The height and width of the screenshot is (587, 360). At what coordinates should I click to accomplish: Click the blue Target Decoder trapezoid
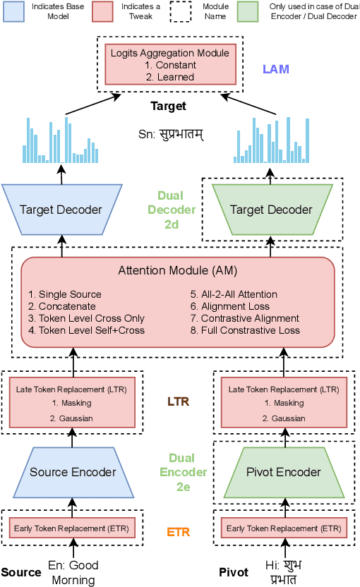click(x=61, y=210)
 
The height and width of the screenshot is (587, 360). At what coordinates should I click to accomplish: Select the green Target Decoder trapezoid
click(x=272, y=210)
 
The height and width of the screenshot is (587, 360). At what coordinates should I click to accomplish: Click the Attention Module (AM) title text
click(x=178, y=270)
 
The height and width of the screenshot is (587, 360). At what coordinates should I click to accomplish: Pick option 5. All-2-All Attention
click(x=234, y=294)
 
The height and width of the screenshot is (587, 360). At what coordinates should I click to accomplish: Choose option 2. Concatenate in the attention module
click(x=61, y=306)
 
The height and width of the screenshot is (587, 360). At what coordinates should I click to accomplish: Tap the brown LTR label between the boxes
click(x=177, y=401)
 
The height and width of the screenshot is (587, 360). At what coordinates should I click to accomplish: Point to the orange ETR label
click(x=177, y=532)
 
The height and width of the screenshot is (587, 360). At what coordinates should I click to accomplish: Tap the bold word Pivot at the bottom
click(x=234, y=572)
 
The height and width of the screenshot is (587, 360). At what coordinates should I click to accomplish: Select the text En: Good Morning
click(x=73, y=572)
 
